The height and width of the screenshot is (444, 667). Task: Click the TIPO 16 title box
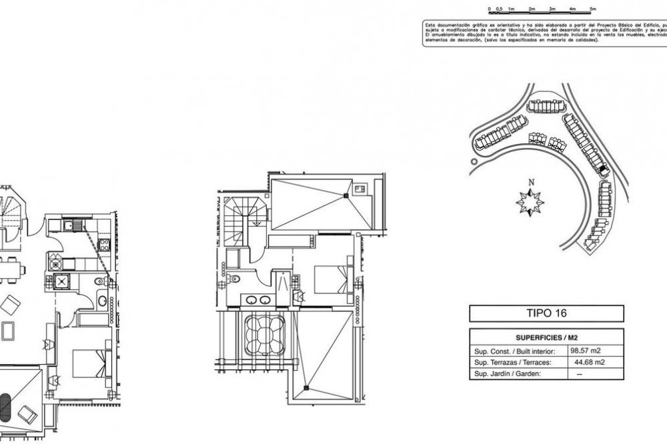546,313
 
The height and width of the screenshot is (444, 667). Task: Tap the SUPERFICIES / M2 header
546,336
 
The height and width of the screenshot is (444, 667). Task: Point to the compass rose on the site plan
530,201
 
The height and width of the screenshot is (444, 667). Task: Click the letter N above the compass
531,183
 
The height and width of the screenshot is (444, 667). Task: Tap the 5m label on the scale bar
593,9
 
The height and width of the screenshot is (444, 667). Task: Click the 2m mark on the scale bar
532,9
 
